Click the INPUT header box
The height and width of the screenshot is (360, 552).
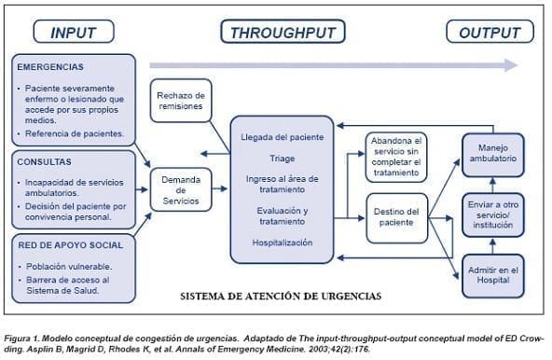[x=74, y=33]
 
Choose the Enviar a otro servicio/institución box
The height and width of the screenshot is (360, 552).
[x=491, y=213]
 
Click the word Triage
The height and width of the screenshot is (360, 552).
[x=282, y=159]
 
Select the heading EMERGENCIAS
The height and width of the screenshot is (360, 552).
[x=50, y=67]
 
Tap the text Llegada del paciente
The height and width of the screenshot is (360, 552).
[x=282, y=138]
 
